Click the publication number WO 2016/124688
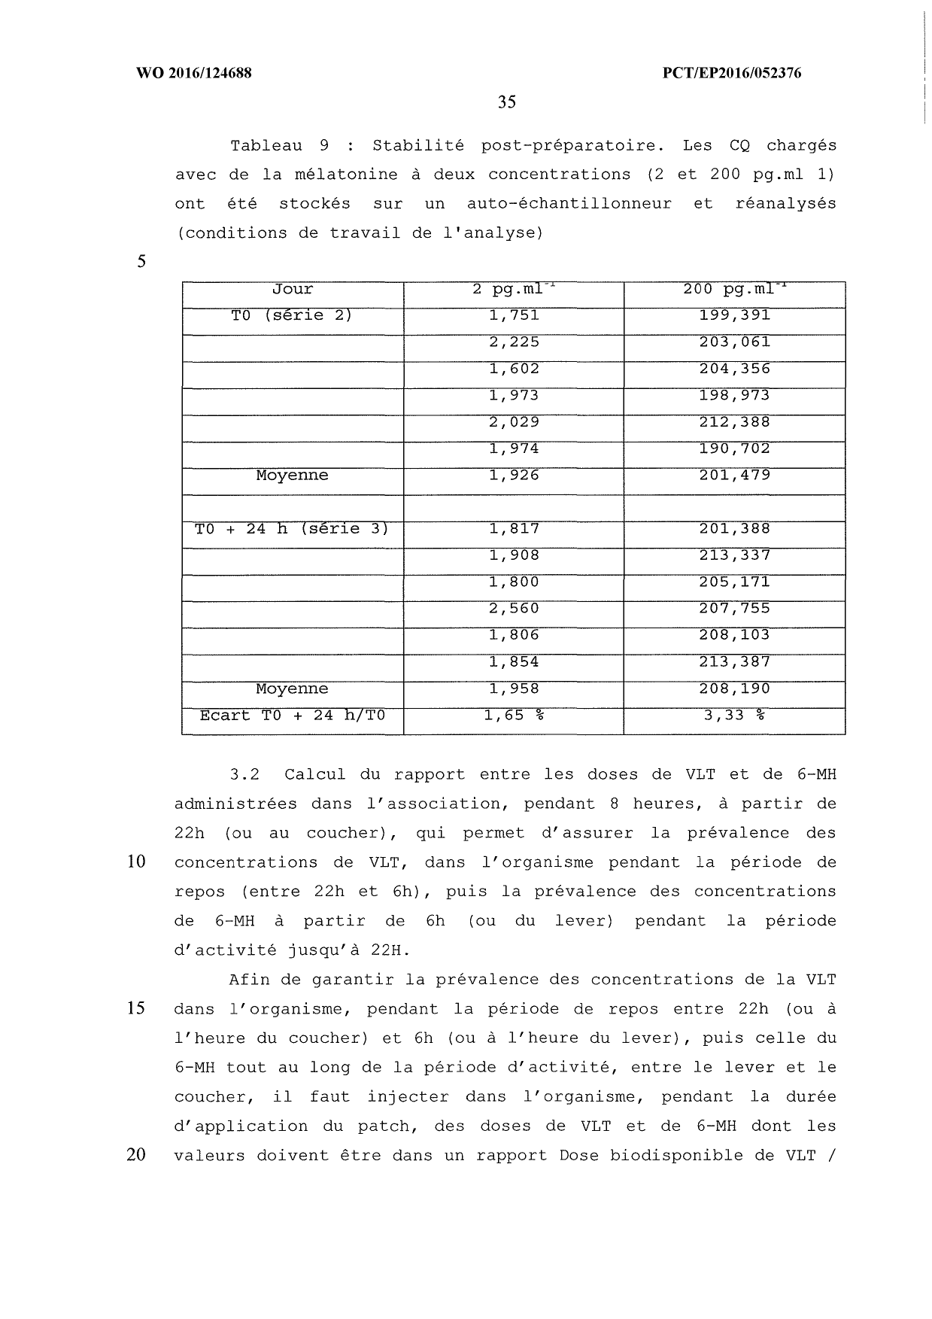[193, 73]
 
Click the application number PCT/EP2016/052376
[731, 73]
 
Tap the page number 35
[506, 102]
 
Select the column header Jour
[293, 290]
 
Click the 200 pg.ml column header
[734, 290]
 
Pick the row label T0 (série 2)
[292, 316]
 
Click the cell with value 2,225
[514, 342]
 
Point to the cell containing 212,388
[734, 422]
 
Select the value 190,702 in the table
[734, 449]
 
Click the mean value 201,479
[734, 476]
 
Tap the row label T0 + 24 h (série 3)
[292, 529]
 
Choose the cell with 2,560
[514, 609]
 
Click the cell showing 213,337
[734, 555]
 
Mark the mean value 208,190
[734, 689]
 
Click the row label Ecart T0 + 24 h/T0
[292, 716]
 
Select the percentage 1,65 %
[514, 716]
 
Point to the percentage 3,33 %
[734, 716]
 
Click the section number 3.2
[244, 775]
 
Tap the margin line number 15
[136, 1009]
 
